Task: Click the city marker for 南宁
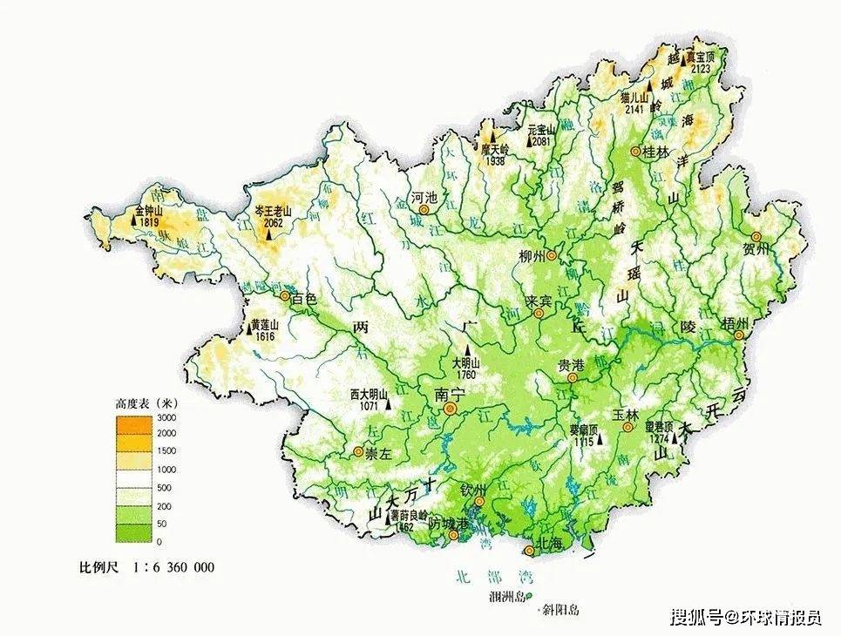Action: tap(451, 409)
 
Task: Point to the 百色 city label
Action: tap(304, 298)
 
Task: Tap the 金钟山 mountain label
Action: tap(150, 211)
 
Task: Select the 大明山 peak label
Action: tap(466, 364)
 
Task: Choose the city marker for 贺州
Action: tap(756, 236)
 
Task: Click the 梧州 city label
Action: tap(735, 323)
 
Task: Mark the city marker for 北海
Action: tap(528, 551)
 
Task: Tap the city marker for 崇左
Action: tap(357, 451)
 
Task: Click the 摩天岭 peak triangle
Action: tap(491, 137)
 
